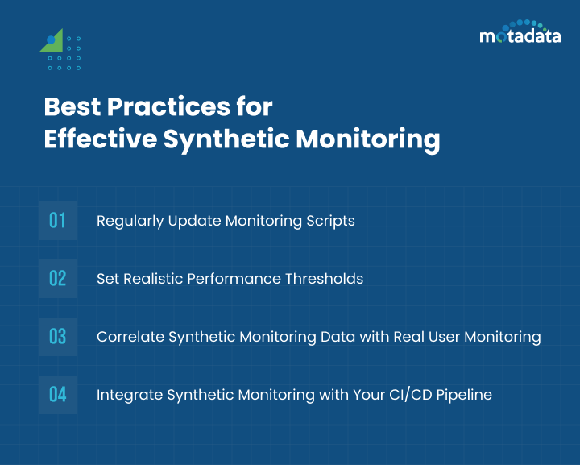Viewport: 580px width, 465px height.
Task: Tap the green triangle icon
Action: pyautogui.click(x=53, y=42)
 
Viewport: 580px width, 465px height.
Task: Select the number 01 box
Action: pyautogui.click(x=57, y=221)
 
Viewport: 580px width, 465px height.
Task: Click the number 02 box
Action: pyautogui.click(x=57, y=279)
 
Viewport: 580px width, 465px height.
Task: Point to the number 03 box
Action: pyautogui.click(x=57, y=337)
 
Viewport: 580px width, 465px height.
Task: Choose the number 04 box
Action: pyautogui.click(x=57, y=395)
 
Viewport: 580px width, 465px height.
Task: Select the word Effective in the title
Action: pyautogui.click(x=99, y=139)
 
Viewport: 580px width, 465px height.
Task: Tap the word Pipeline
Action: pyautogui.click(x=465, y=395)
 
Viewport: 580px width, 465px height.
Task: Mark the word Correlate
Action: pyautogui.click(x=130, y=337)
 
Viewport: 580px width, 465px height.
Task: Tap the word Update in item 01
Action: pyautogui.click(x=191, y=221)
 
